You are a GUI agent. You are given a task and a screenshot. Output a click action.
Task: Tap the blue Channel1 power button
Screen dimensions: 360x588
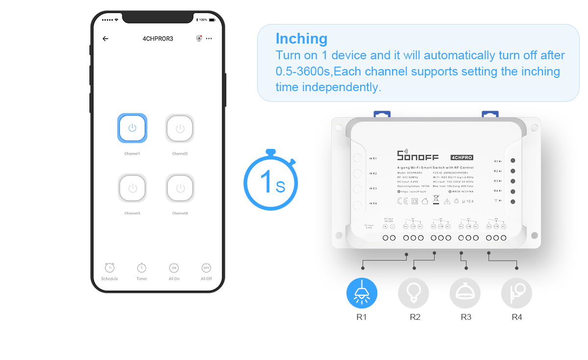pyautogui.click(x=132, y=128)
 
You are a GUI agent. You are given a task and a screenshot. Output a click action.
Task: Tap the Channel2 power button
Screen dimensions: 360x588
pyautogui.click(x=180, y=128)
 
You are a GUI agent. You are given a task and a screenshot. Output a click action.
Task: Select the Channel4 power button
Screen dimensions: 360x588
pyautogui.click(x=180, y=188)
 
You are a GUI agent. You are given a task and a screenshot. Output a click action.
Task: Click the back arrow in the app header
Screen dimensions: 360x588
pyautogui.click(x=105, y=39)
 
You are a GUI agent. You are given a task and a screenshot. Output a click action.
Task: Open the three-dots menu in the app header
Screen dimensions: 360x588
pyautogui.click(x=209, y=39)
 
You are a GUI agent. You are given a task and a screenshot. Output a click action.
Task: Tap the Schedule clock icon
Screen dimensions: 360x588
pyautogui.click(x=109, y=268)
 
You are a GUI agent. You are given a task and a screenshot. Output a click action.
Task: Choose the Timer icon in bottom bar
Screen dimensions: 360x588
pyautogui.click(x=142, y=268)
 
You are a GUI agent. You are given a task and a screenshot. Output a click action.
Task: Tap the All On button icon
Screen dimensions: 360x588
pyautogui.click(x=174, y=268)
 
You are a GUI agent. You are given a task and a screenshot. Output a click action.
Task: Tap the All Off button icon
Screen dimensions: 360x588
pyautogui.click(x=206, y=268)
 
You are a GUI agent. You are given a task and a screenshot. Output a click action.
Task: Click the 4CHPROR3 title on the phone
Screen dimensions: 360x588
pyautogui.click(x=157, y=39)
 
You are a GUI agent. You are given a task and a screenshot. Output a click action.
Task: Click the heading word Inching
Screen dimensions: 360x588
pyautogui.click(x=301, y=39)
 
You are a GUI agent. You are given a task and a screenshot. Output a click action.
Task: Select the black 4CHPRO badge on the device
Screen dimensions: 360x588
pyautogui.click(x=462, y=157)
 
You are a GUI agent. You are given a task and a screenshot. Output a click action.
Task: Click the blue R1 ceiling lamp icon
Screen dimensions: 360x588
pyautogui.click(x=362, y=293)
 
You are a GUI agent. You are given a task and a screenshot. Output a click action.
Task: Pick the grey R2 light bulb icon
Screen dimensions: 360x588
pyautogui.click(x=413, y=293)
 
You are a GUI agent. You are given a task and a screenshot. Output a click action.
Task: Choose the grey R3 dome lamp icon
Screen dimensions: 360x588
pyautogui.click(x=465, y=293)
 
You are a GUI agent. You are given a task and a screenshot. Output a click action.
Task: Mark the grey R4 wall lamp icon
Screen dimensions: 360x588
pyautogui.click(x=516, y=293)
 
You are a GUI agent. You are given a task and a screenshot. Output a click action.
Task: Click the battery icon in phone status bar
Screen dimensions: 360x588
pyautogui.click(x=212, y=20)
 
